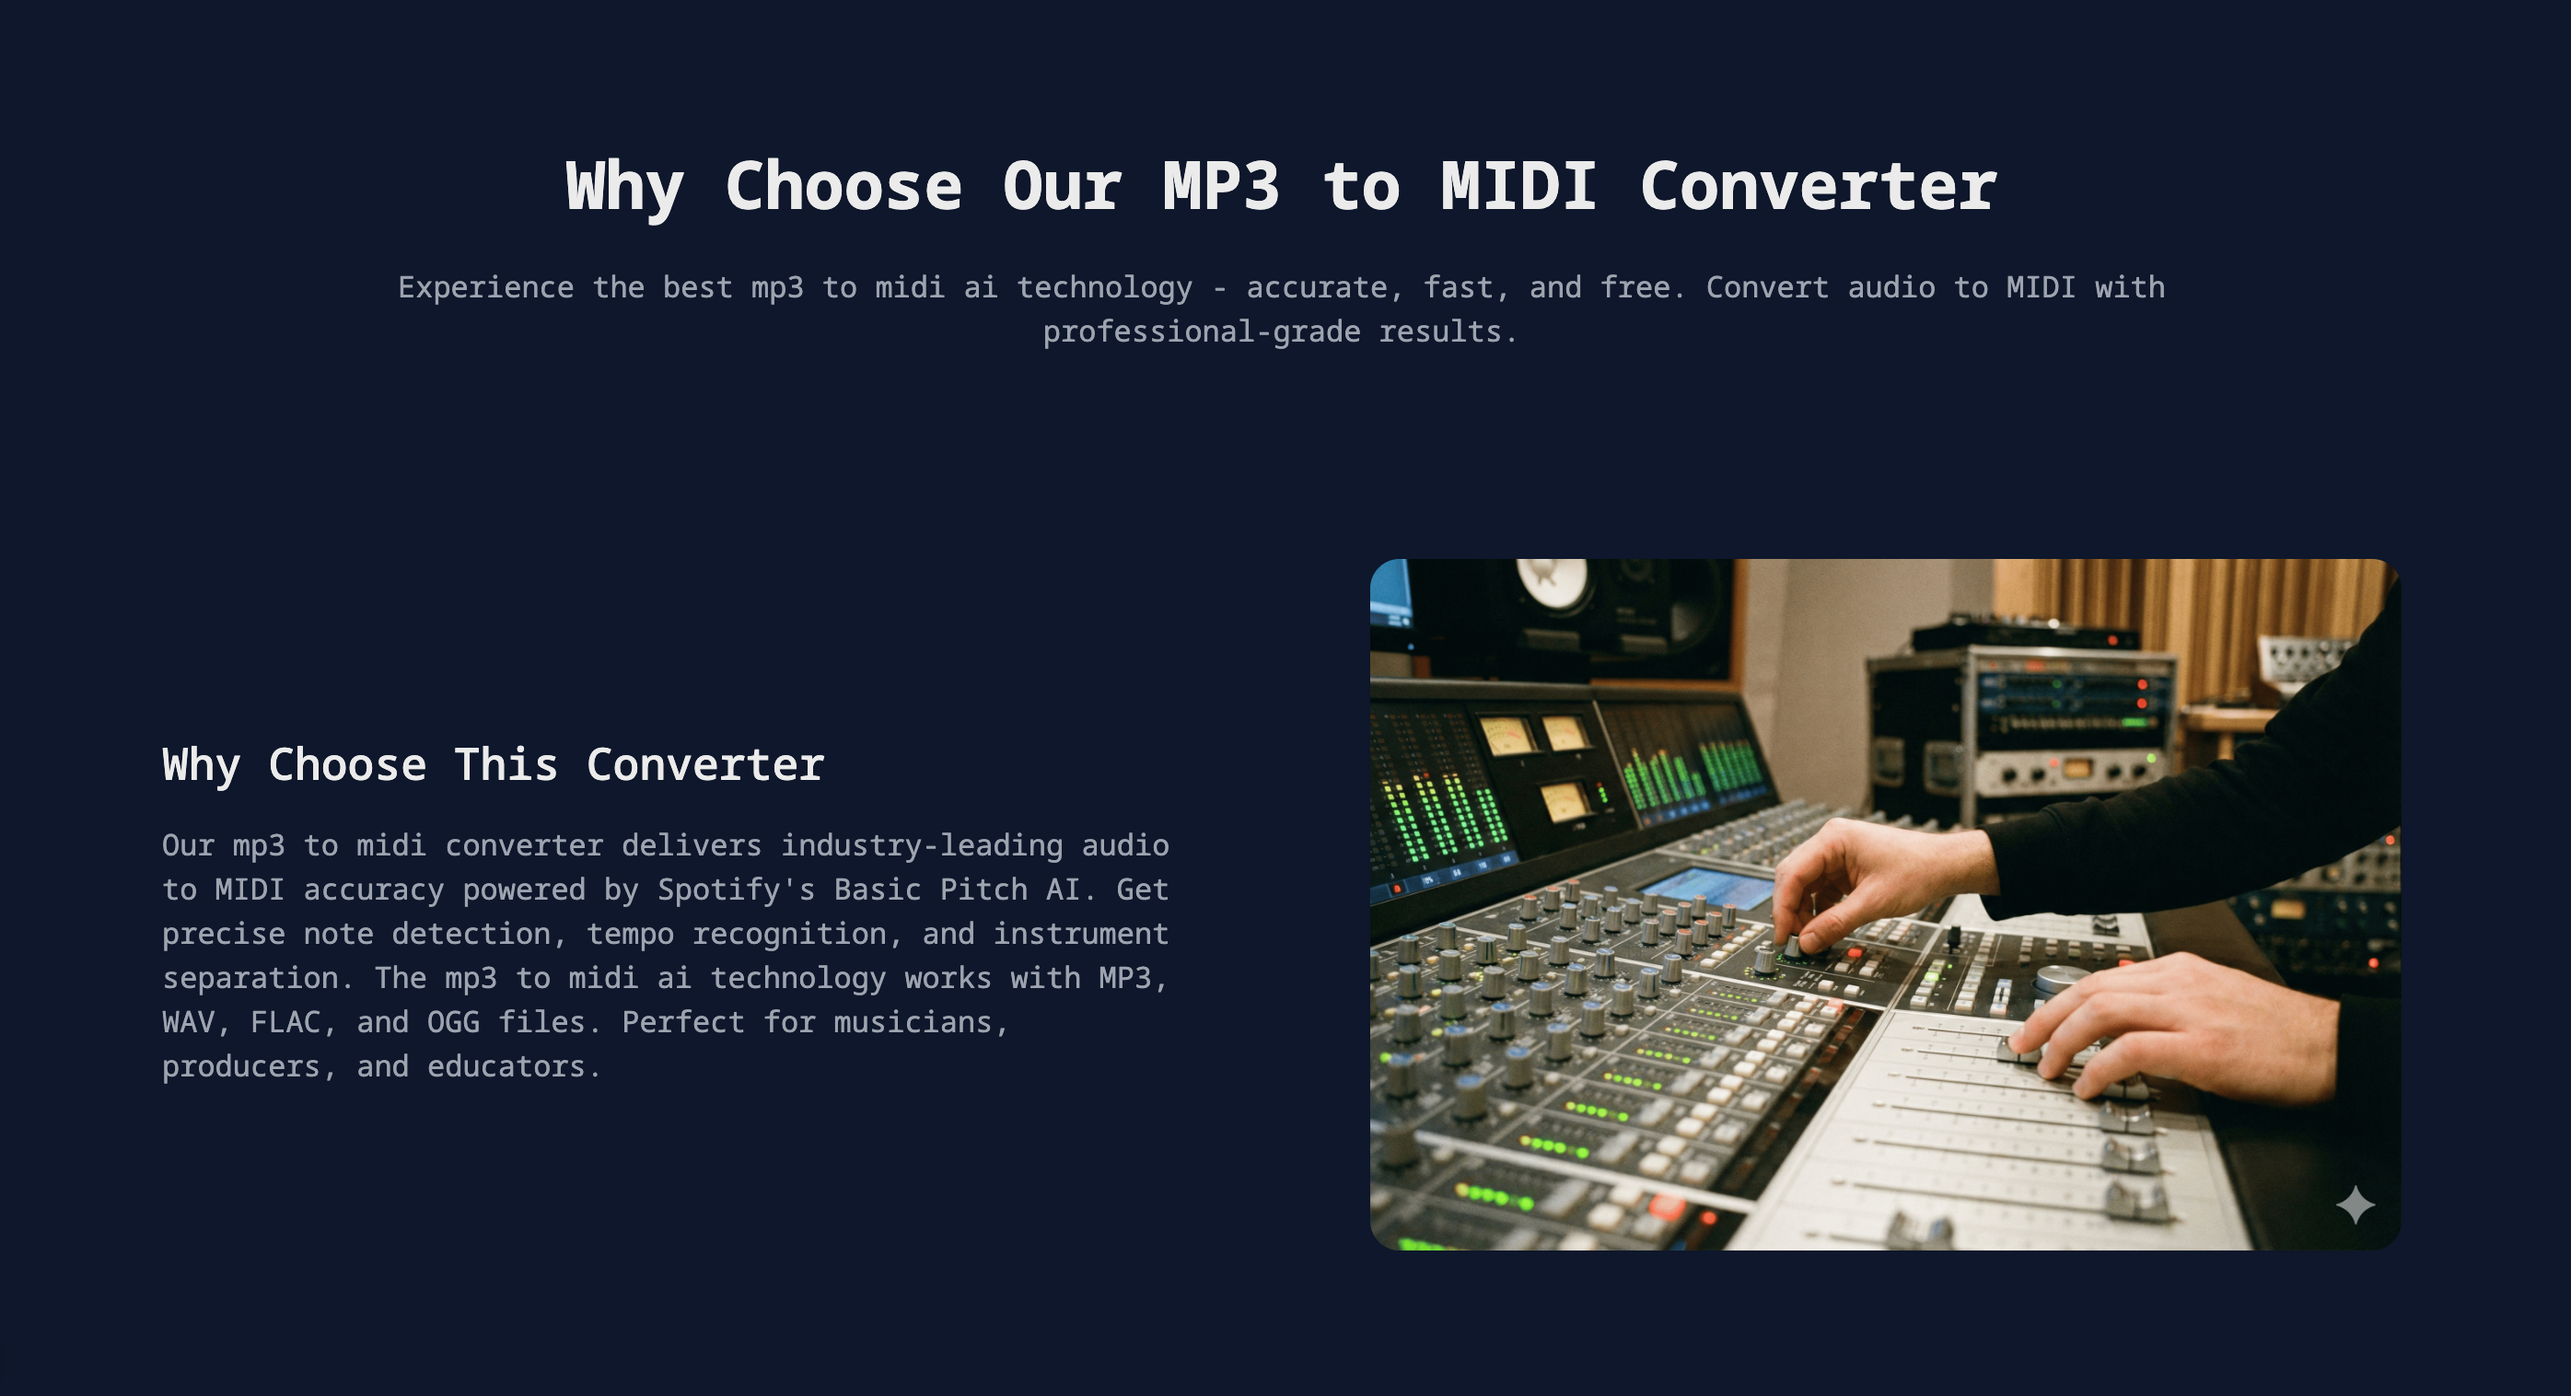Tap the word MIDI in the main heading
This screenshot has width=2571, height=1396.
coord(1518,187)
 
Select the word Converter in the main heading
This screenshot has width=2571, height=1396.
coord(1818,187)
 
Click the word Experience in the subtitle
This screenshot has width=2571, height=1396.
coord(485,287)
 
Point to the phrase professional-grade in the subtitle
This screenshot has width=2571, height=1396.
coord(1201,332)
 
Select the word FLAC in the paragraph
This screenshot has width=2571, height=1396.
coord(285,1022)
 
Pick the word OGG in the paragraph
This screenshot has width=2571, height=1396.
coord(452,1022)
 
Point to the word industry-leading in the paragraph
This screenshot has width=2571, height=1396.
coord(921,845)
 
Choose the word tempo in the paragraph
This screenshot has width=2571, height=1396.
coord(629,933)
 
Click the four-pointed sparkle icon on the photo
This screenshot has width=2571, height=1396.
coord(2355,1204)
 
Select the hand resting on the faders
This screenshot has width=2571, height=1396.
coord(2176,1028)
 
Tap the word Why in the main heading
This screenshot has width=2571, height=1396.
coord(623,187)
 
